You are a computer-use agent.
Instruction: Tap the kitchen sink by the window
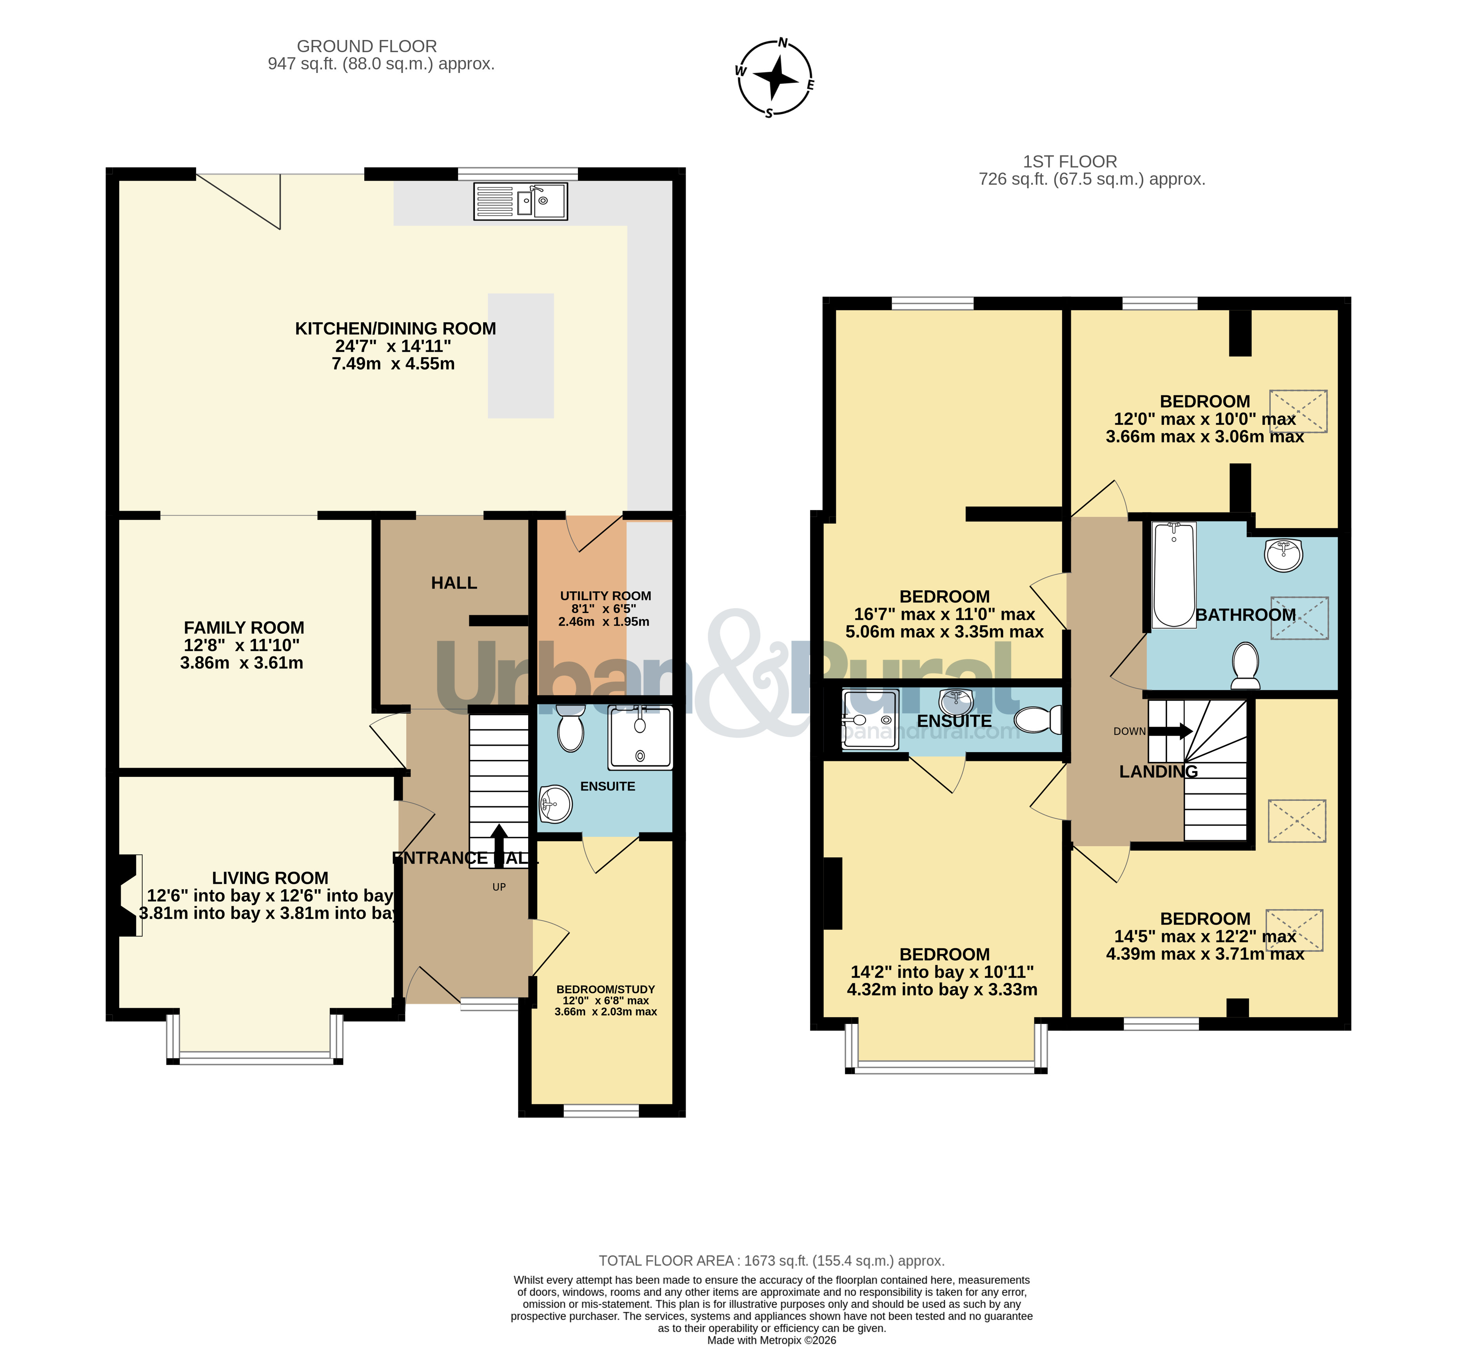click(520, 201)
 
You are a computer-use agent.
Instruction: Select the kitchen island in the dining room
click(520, 356)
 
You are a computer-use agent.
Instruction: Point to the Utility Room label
click(605, 596)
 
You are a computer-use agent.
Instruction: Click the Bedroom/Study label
click(606, 989)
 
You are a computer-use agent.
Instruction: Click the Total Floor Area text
click(772, 1260)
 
